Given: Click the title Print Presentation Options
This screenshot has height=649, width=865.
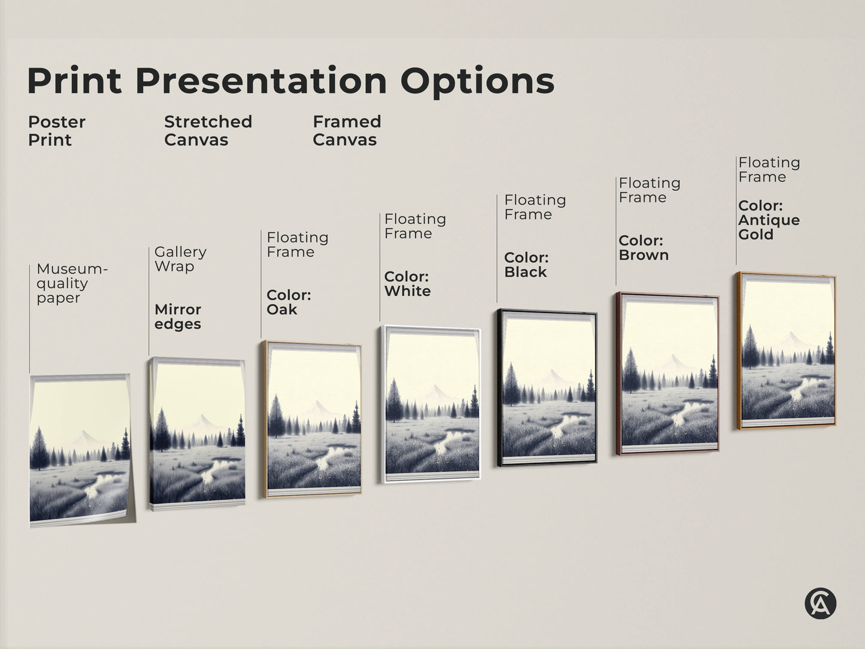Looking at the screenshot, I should tap(290, 81).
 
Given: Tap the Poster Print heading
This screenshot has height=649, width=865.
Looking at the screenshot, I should tap(56, 131).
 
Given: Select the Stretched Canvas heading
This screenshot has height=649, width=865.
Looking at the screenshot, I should tap(208, 131).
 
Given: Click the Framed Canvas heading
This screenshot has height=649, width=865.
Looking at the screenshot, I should tap(347, 131).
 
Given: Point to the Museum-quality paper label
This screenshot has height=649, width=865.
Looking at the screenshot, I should tap(71, 283).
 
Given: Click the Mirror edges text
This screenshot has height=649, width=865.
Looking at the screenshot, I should tap(178, 317).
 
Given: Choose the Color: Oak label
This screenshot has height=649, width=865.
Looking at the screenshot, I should tap(288, 302).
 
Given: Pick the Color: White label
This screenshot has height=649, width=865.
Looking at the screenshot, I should tap(407, 284).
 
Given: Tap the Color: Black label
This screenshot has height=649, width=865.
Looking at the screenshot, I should tap(526, 265).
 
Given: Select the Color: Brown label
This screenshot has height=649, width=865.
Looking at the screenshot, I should tap(643, 248).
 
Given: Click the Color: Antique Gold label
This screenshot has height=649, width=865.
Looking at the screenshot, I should tap(769, 220).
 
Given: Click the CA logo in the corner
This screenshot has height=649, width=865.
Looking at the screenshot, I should tap(820, 603).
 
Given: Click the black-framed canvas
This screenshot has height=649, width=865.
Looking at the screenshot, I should tap(547, 388).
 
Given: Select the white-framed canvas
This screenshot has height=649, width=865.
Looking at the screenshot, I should tap(430, 405).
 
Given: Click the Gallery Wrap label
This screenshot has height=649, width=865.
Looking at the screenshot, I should tap(180, 259).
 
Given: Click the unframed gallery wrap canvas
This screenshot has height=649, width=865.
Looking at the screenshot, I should tap(197, 434).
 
